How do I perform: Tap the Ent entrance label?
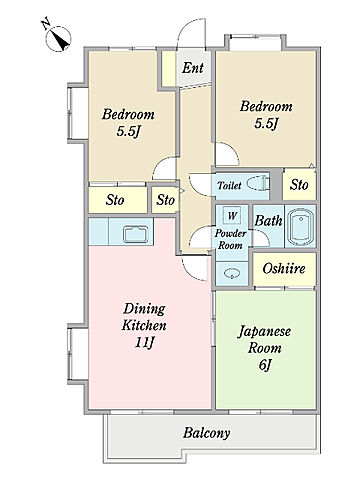tap(193, 68)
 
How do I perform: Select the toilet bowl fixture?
tap(258, 184)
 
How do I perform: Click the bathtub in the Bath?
tap(300, 226)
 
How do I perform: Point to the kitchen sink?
tap(136, 234)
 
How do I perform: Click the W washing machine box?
tap(232, 215)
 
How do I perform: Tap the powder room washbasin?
tap(231, 274)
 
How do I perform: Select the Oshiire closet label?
tap(284, 268)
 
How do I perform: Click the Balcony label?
tap(207, 433)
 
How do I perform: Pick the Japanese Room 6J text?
tap(264, 348)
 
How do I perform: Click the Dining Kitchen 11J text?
tap(144, 325)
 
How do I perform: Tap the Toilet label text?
tap(229, 185)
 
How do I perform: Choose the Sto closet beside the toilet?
tap(299, 184)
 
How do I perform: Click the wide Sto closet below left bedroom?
tap(118, 200)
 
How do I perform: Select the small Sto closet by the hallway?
tap(165, 200)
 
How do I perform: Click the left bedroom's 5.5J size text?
tap(128, 132)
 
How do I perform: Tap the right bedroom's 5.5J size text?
tap(266, 124)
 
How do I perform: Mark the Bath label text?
tap(269, 221)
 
